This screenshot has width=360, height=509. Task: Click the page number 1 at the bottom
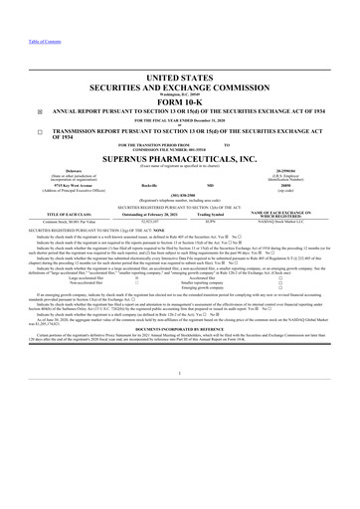point(179,429)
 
